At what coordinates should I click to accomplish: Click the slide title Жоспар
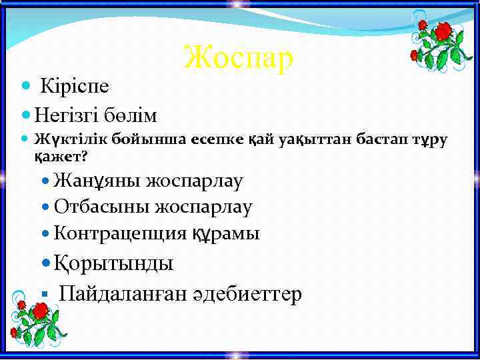coord(238,57)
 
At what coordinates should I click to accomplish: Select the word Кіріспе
coord(75,86)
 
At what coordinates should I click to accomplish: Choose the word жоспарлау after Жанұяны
coord(195,181)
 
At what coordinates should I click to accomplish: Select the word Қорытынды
coord(113,263)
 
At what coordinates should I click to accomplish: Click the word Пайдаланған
coord(120,293)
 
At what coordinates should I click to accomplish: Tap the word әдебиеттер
coord(245,293)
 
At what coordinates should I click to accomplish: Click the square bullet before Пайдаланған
coord(42,294)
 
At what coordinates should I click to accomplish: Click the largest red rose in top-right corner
coord(442,31)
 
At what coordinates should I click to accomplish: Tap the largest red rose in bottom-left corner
coord(41,311)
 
